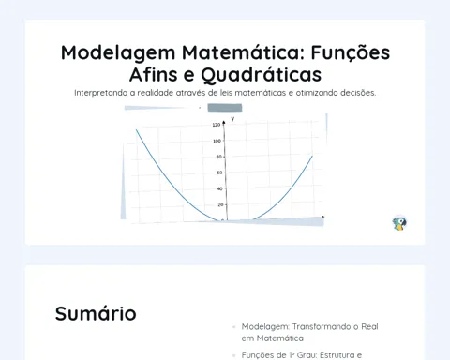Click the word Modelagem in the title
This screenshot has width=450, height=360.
click(x=118, y=52)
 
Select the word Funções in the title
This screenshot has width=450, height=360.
click(x=351, y=52)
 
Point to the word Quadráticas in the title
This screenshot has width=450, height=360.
click(x=261, y=75)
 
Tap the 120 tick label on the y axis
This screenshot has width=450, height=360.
click(x=217, y=125)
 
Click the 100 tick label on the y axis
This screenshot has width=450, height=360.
click(x=217, y=141)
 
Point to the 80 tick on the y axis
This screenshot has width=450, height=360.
click(x=219, y=157)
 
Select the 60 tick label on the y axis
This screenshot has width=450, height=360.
click(x=219, y=172)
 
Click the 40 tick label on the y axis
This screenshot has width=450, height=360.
click(x=219, y=188)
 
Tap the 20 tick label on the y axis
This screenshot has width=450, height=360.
click(x=221, y=204)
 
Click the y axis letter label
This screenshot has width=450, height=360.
click(x=232, y=119)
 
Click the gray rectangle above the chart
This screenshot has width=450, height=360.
click(x=225, y=108)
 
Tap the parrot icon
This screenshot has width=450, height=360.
click(x=399, y=223)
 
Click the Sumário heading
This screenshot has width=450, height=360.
click(x=96, y=313)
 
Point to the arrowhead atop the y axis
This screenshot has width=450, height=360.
click(x=223, y=123)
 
